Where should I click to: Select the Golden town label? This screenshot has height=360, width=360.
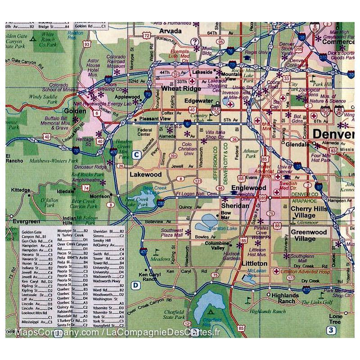(x=75, y=111)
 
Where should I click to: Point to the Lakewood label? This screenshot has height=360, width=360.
(x=145, y=174)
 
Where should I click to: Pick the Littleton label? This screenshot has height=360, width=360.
(x=254, y=263)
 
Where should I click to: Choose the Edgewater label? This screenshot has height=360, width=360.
(x=200, y=102)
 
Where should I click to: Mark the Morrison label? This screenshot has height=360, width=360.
(x=99, y=196)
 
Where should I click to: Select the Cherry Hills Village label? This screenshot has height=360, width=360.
(x=309, y=212)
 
